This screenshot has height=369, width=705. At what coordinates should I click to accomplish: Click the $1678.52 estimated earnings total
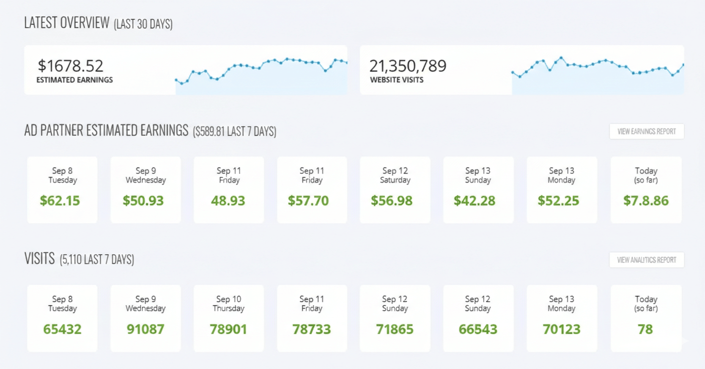[71, 66]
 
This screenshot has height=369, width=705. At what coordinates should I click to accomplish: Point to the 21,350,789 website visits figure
[408, 66]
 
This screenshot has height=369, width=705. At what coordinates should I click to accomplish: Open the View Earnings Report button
[646, 131]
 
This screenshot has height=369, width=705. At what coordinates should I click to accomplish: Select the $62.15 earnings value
[60, 201]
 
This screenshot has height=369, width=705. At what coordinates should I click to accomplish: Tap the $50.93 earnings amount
[143, 201]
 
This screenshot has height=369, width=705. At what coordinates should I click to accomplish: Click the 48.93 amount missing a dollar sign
[228, 201]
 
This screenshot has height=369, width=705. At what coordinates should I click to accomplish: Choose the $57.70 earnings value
[308, 201]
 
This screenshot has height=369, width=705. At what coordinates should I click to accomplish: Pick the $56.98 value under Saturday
[392, 201]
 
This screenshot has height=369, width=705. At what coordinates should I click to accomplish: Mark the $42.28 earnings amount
[474, 201]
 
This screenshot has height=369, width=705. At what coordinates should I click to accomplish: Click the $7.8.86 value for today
[646, 201]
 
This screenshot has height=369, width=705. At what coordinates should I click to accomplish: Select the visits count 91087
[145, 329]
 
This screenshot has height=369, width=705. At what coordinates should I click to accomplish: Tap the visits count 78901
[228, 329]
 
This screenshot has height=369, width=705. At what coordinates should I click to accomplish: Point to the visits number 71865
[395, 329]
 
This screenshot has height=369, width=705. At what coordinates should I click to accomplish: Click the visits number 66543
[478, 329]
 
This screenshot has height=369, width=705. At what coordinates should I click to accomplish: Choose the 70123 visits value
[561, 329]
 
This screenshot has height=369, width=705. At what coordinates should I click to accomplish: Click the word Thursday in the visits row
[228, 308]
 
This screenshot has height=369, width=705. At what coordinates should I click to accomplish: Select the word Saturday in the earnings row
[395, 180]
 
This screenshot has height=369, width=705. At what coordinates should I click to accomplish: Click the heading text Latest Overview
[67, 23]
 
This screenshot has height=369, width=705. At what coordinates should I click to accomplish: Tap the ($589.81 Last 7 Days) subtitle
[234, 132]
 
